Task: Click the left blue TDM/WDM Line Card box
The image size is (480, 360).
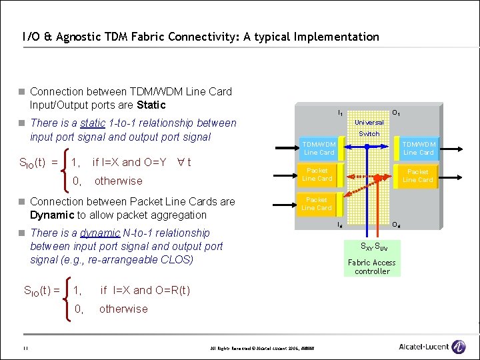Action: [x=319, y=148]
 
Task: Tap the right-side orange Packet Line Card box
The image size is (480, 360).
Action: [x=417, y=175]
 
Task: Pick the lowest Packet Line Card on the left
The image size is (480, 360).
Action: [x=317, y=203]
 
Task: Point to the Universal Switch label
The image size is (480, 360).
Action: [x=369, y=128]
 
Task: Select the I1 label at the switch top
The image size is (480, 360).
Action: [x=341, y=114]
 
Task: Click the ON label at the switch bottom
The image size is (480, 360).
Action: [x=396, y=225]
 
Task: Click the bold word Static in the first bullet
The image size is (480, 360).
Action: [x=151, y=105]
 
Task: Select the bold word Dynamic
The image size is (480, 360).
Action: [x=52, y=215]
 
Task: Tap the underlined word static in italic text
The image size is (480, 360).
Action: [x=93, y=123]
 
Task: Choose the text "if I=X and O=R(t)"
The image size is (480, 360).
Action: [x=145, y=290]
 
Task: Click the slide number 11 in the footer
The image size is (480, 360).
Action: [x=24, y=348]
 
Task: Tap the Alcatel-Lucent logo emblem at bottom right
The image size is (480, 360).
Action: [x=459, y=347]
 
